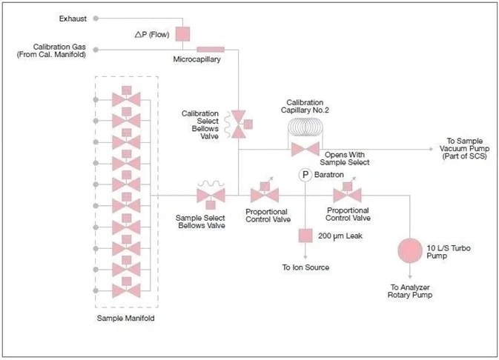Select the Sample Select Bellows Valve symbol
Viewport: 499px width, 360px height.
pyautogui.click(x=211, y=196)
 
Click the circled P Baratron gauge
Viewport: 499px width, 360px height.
pyautogui.click(x=305, y=175)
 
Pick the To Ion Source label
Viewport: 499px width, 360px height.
pyautogui.click(x=305, y=267)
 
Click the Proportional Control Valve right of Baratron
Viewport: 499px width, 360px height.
pyautogui.click(x=346, y=196)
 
